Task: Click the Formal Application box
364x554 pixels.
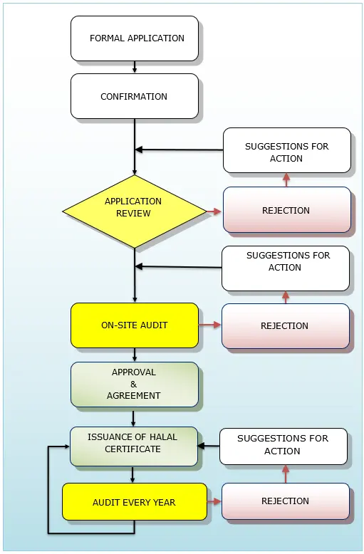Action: [x=135, y=38]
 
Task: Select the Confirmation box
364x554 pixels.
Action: [x=135, y=96]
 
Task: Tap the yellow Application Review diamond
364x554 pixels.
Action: [x=135, y=211]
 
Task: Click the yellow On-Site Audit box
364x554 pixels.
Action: [x=135, y=325]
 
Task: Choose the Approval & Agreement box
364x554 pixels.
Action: [x=135, y=385]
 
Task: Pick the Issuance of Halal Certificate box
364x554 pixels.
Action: [x=134, y=446]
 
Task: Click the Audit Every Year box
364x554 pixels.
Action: [x=135, y=502]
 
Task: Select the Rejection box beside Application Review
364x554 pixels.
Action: [x=286, y=210]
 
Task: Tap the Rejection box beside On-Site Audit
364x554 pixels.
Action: [x=285, y=325]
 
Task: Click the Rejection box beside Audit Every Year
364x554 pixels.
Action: [x=285, y=501]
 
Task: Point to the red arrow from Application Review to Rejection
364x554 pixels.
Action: [x=214, y=211]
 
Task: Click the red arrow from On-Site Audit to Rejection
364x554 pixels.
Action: [x=209, y=325]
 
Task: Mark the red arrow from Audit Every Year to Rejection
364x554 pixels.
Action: [x=214, y=502]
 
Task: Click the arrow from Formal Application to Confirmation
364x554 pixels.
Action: [x=135, y=67]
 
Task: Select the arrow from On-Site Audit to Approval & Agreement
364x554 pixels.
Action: [x=135, y=355]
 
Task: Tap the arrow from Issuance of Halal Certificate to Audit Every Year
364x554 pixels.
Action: [x=132, y=474]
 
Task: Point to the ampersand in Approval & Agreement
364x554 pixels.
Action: [x=133, y=384]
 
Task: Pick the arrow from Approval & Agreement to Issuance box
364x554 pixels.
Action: [x=133, y=417]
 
